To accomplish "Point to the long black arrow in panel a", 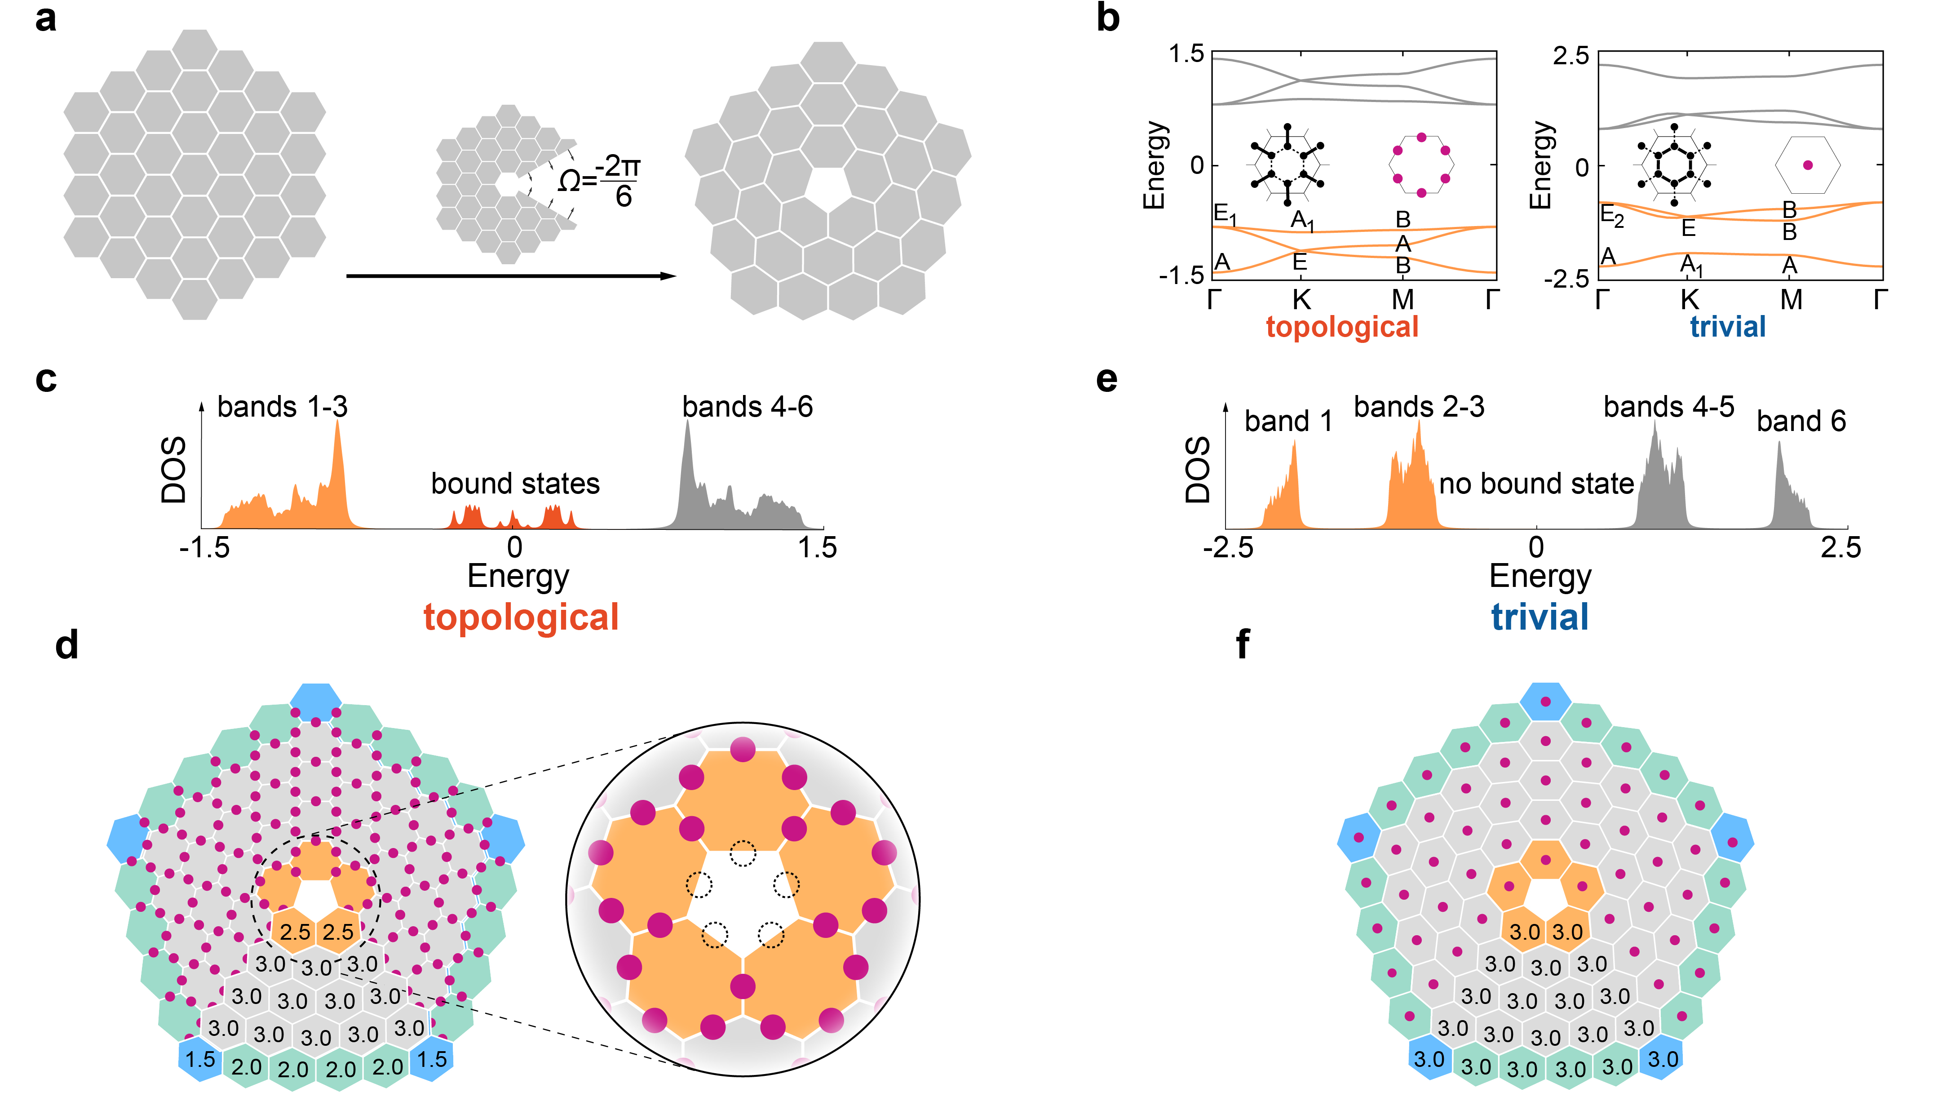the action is [x=511, y=276].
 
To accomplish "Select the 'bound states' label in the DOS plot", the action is [x=516, y=483].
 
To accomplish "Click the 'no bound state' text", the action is [x=1536, y=483].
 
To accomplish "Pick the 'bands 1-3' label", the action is [x=283, y=407].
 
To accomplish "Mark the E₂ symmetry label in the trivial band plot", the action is [x=1612, y=216].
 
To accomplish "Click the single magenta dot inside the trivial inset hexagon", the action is [x=1808, y=165].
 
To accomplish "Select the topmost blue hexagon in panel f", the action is [x=1545, y=701].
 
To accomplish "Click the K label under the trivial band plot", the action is [x=1690, y=301].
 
